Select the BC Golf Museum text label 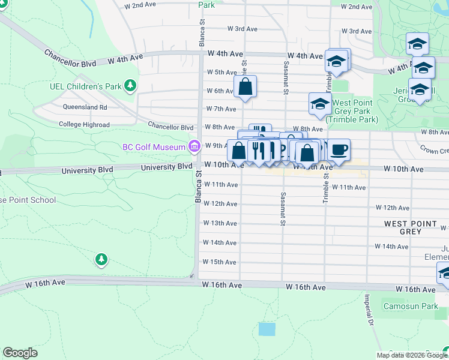click(154, 146)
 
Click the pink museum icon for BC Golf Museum click(193, 146)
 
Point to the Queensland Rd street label click(85, 107)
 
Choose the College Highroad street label click(84, 125)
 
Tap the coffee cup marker click(339, 150)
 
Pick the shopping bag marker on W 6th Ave click(245, 86)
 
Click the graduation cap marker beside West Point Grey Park click(320, 104)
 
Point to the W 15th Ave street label click(219, 262)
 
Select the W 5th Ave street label click(221, 72)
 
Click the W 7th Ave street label click(220, 109)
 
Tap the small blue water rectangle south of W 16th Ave click(267, 329)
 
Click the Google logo click(20, 353)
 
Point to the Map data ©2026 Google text click(411, 355)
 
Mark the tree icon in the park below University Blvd click(101, 259)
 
